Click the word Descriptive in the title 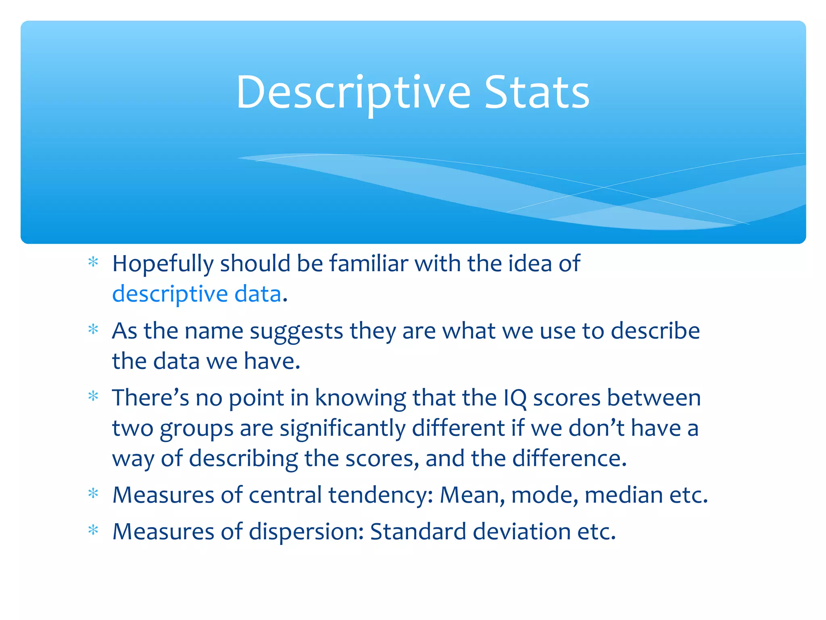353,93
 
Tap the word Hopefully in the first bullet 163,264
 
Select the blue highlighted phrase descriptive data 196,294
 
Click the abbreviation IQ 515,398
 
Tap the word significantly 342,428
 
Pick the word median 624,495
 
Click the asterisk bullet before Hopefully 93,262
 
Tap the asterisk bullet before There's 93,396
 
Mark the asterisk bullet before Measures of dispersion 93,530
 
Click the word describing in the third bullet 243,459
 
